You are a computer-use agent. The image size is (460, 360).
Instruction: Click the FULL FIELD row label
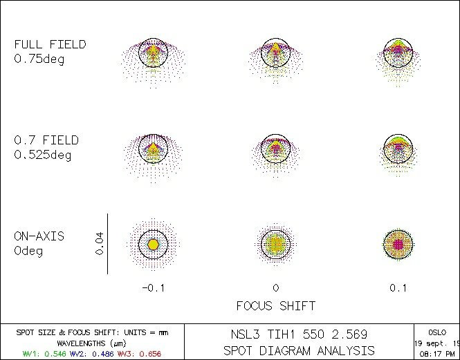[50, 44]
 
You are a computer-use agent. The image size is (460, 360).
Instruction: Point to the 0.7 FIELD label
[46, 140]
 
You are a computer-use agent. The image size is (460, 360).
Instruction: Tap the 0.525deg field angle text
[43, 155]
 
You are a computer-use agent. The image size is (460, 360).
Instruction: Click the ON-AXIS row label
[39, 236]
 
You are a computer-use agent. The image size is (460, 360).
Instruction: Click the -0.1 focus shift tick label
[153, 288]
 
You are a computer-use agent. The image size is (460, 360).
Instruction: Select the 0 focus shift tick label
[275, 288]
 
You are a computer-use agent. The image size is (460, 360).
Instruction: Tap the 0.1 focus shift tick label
[398, 288]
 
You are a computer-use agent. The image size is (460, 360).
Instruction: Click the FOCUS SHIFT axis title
[276, 305]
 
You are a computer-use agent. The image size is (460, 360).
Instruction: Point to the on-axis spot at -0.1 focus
[153, 245]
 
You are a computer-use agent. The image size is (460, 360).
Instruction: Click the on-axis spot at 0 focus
[275, 244]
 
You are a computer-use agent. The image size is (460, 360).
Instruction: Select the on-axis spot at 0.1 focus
[398, 244]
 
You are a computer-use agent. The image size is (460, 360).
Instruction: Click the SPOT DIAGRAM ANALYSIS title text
[300, 350]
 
